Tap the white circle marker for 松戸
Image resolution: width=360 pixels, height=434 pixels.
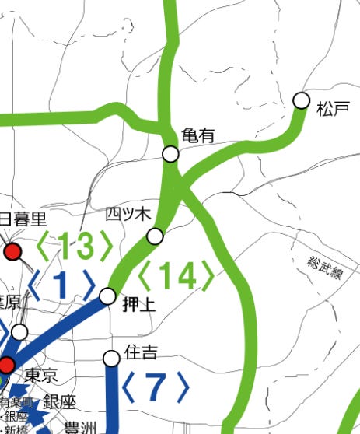[301, 100]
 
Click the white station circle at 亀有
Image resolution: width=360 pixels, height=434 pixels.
[171, 153]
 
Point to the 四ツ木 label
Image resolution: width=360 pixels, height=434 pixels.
[126, 214]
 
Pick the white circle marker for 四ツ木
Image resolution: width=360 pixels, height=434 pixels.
[156, 236]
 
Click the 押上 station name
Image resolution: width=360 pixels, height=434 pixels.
[139, 306]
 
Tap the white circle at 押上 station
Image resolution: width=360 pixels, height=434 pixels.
[108, 296]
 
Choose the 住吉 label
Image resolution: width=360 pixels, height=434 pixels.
[141, 352]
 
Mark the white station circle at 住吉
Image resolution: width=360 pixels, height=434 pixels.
[112, 358]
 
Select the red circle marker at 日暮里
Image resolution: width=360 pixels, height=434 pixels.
[12, 251]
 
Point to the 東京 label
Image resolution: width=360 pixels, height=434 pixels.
[40, 376]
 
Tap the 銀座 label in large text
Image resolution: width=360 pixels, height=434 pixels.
[60, 402]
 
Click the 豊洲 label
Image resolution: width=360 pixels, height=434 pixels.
[80, 426]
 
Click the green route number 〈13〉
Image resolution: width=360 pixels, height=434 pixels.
[75, 247]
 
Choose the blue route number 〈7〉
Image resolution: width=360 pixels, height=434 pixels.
[156, 387]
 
